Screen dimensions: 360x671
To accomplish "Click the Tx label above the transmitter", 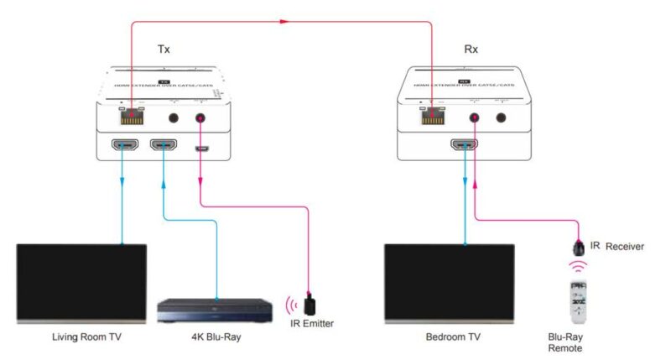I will [164, 49].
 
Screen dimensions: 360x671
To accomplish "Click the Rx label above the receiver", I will [471, 49].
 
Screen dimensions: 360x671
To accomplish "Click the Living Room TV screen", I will [82, 282].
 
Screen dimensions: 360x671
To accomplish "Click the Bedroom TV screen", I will [450, 282].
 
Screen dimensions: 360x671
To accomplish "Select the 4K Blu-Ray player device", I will [216, 310].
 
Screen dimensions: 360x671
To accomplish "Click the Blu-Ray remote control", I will [577, 301].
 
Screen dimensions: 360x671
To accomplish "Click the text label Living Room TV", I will [81, 338].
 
